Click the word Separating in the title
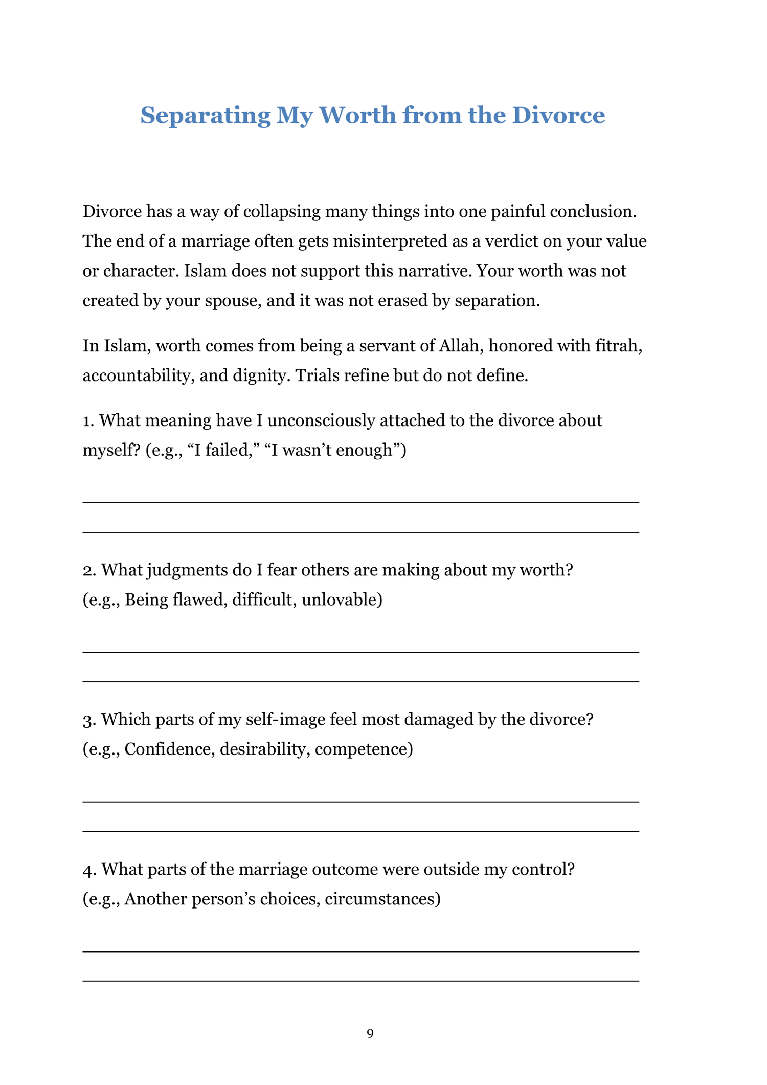[x=205, y=116]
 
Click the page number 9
[x=370, y=1033]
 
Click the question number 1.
[x=88, y=420]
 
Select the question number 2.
[x=89, y=570]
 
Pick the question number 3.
[x=89, y=720]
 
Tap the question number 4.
[x=89, y=869]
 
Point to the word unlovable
[x=342, y=600]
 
